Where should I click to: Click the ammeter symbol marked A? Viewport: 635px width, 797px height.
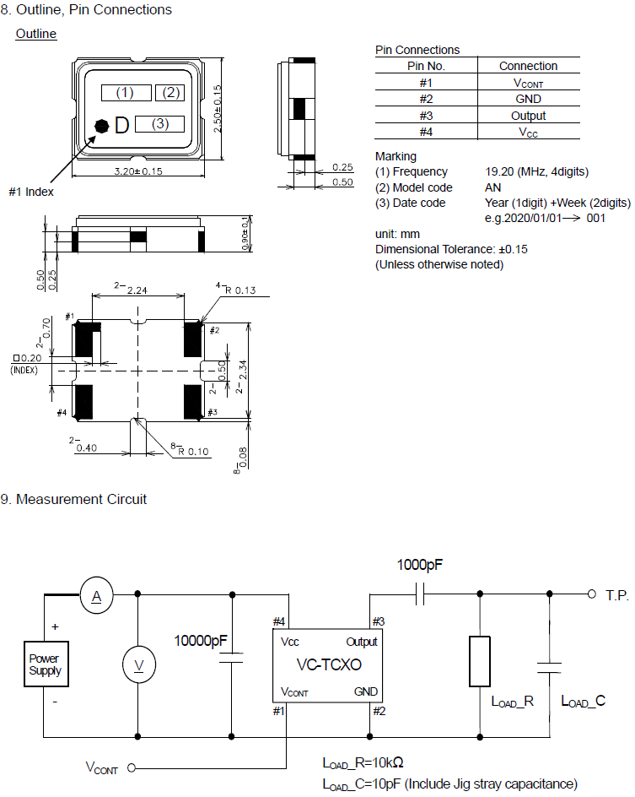point(96,597)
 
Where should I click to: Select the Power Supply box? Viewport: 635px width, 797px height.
point(45,665)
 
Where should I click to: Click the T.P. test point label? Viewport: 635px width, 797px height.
point(617,595)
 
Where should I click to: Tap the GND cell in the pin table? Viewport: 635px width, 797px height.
point(528,99)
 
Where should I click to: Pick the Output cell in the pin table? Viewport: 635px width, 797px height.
point(528,116)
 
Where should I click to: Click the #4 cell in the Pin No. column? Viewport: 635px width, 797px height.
point(426,132)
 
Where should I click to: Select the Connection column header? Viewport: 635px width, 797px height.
point(528,66)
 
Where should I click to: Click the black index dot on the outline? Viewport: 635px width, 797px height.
point(102,126)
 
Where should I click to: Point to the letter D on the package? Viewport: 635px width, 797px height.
point(121,126)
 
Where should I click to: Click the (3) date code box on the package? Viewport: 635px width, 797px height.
point(160,124)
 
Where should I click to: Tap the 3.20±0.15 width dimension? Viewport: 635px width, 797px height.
point(137,171)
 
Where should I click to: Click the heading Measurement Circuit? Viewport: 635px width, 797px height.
point(81,499)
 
